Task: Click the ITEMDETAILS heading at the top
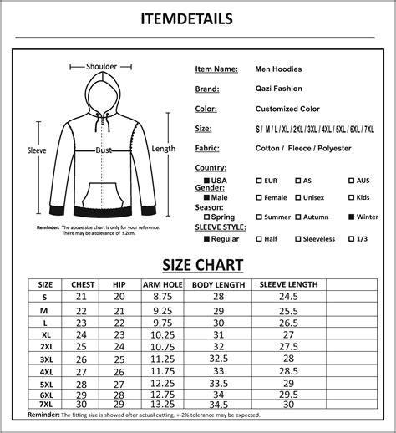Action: (x=198, y=18)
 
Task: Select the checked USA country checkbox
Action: (x=207, y=181)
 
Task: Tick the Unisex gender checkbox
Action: (x=297, y=198)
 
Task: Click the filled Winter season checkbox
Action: (x=352, y=217)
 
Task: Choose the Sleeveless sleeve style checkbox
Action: (x=297, y=239)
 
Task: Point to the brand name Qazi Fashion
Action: (x=279, y=89)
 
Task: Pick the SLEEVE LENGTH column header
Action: (x=287, y=284)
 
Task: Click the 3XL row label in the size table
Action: (x=46, y=359)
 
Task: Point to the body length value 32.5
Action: (x=219, y=359)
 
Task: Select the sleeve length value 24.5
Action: (x=288, y=297)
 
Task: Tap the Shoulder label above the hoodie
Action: (x=102, y=67)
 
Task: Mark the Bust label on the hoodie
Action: (x=104, y=150)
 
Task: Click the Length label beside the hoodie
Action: (x=164, y=149)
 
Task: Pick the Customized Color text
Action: (x=287, y=109)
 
